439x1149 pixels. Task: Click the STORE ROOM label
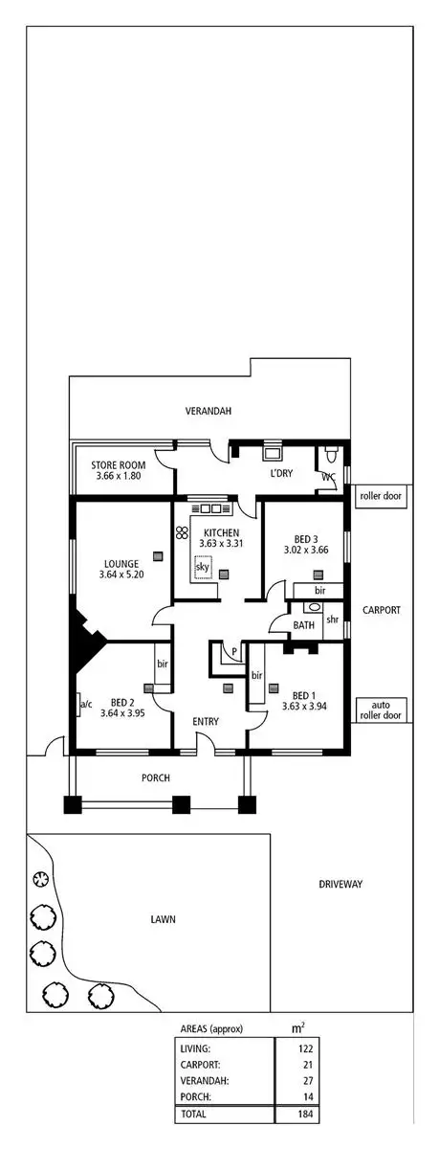[119, 464]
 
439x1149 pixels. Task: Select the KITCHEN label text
[220, 533]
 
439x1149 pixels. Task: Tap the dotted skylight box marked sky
[203, 568]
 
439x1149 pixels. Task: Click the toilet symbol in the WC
[331, 453]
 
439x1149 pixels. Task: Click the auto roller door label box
[381, 709]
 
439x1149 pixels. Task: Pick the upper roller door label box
[381, 497]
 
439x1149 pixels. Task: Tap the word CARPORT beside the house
[381, 610]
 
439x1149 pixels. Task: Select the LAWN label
[163, 919]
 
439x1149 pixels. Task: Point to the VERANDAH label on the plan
[209, 411]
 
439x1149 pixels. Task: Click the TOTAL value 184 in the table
[305, 1115]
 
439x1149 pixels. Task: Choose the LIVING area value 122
[305, 1049]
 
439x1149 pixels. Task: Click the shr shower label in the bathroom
[333, 619]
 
